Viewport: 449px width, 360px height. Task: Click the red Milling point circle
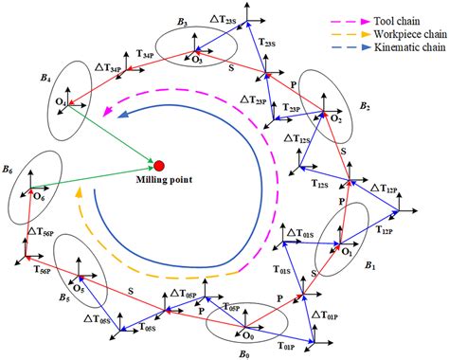(x=159, y=167)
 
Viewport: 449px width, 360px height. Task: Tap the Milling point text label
(x=159, y=184)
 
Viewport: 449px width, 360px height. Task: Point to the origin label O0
(x=247, y=334)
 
